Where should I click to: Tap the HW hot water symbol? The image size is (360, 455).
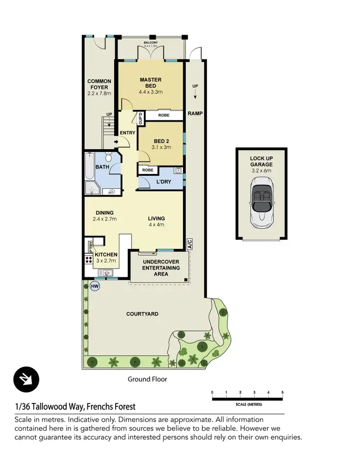[x=95, y=286]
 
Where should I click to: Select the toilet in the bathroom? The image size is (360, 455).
[x=108, y=158]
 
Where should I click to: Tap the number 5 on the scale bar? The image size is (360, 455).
[x=283, y=393]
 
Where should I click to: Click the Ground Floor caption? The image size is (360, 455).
[x=147, y=379]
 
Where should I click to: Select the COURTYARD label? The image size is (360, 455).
[x=142, y=314]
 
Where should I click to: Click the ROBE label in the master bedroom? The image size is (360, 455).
[x=164, y=116]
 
